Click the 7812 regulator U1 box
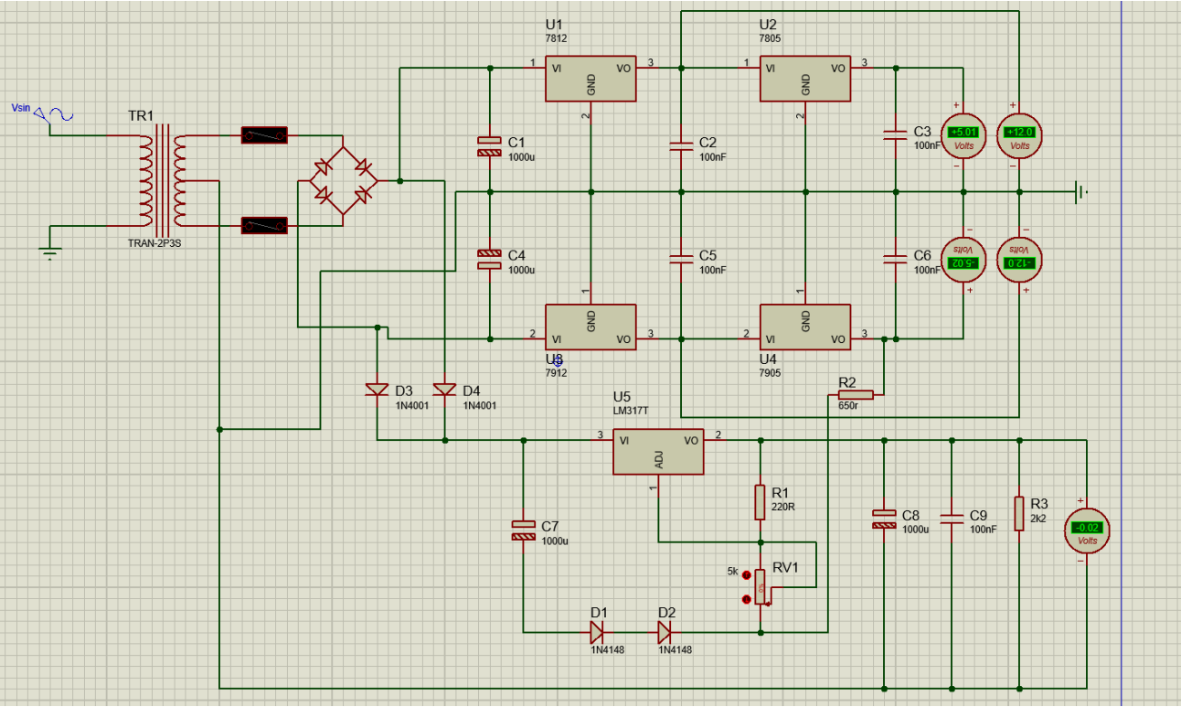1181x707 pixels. (x=590, y=80)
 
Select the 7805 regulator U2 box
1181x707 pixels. (x=805, y=80)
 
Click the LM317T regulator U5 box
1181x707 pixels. (x=658, y=452)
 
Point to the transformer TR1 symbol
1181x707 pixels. (x=161, y=180)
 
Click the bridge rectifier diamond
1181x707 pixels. (x=342, y=180)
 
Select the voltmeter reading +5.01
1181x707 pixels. (x=963, y=135)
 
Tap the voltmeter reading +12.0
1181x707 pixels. (x=1019, y=135)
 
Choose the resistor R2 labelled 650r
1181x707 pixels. (x=856, y=395)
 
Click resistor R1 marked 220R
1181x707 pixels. (x=760, y=502)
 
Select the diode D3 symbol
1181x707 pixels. (x=377, y=391)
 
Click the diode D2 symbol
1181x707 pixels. (x=665, y=632)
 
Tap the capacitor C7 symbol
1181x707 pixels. (x=523, y=530)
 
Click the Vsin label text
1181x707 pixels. (x=20, y=108)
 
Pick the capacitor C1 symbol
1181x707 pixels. (x=490, y=145)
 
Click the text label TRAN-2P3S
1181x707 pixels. (x=154, y=244)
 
